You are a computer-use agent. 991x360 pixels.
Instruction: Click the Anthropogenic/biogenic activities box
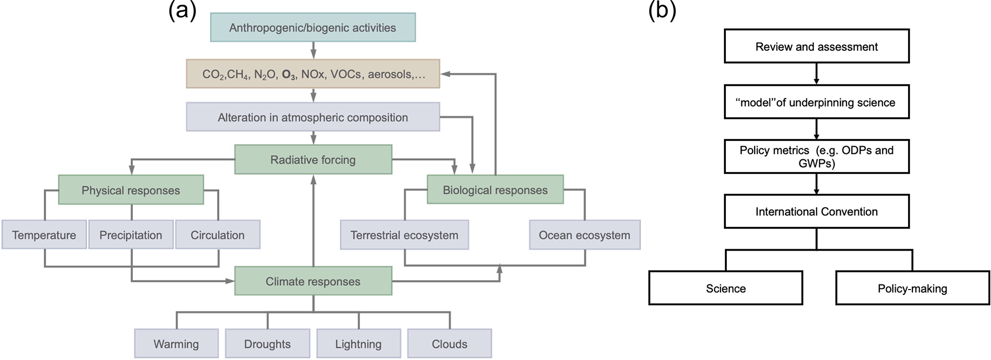click(x=313, y=28)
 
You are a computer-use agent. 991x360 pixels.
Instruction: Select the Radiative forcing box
click(x=313, y=160)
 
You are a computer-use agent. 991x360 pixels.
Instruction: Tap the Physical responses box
click(x=130, y=190)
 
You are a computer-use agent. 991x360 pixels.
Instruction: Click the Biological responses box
click(x=495, y=190)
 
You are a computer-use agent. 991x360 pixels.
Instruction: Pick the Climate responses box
click(x=313, y=281)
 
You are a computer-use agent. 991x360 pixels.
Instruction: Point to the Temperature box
click(x=44, y=235)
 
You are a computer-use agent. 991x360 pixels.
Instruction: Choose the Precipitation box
click(x=130, y=235)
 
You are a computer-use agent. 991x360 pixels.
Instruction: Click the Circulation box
click(x=218, y=235)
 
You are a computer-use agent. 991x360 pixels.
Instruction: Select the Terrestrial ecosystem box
click(x=404, y=235)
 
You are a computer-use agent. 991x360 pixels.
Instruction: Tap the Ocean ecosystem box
click(x=584, y=235)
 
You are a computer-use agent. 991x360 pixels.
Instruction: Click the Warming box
click(x=176, y=344)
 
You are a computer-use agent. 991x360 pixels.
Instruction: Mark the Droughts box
click(x=267, y=344)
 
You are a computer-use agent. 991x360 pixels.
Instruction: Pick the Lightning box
click(x=358, y=344)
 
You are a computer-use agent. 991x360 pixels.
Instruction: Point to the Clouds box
click(x=449, y=344)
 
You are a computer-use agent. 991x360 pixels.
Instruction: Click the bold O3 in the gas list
click(x=289, y=75)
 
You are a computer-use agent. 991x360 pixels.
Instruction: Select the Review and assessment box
click(x=816, y=46)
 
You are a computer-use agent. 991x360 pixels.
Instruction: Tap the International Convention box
click(x=816, y=211)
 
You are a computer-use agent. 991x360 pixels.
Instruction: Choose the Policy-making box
click(x=912, y=288)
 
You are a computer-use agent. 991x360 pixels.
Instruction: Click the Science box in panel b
click(x=725, y=288)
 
